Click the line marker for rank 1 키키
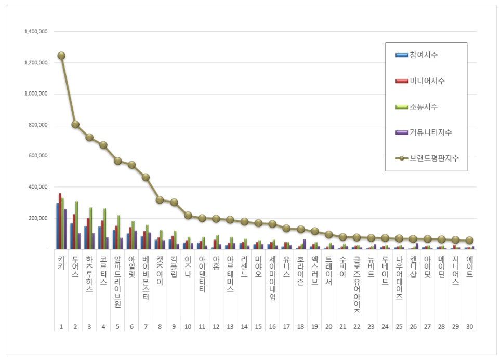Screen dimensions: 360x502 [x=61, y=56]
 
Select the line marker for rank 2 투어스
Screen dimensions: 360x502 [x=75, y=124]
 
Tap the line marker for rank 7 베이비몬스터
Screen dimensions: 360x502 [x=146, y=177]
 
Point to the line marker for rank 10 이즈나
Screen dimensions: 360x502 [x=188, y=215]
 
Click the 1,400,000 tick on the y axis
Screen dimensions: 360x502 [x=36, y=32]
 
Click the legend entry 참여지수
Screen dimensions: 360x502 [x=423, y=55]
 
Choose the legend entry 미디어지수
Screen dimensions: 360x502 [x=427, y=81]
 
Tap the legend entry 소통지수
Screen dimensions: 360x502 [x=423, y=106]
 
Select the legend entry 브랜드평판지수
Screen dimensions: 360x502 [x=434, y=158]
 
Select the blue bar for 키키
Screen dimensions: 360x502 [x=58, y=226]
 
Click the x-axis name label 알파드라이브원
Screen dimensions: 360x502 [x=117, y=282]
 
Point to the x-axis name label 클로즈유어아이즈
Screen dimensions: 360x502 [x=356, y=286]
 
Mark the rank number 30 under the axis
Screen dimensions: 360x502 [x=469, y=327]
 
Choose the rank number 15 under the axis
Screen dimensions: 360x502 [x=258, y=327]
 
